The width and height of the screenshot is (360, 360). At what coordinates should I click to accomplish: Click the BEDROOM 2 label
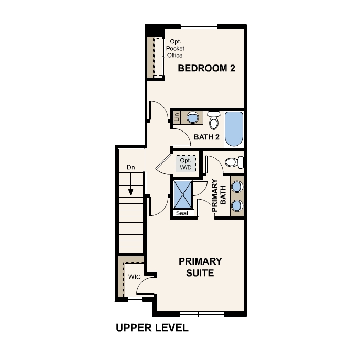206,68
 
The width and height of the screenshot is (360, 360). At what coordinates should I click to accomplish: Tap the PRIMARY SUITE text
200,267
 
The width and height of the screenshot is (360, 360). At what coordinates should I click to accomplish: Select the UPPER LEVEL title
151,329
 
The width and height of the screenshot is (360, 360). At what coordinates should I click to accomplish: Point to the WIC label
134,276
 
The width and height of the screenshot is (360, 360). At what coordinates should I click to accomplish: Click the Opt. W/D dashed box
186,163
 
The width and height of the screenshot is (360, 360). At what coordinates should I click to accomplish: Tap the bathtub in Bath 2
234,129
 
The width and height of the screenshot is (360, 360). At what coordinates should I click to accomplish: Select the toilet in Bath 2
214,121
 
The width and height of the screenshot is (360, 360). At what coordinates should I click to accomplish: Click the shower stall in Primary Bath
183,194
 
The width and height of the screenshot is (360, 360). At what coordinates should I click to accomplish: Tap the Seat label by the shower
182,213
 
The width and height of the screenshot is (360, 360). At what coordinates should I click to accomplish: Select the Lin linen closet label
177,117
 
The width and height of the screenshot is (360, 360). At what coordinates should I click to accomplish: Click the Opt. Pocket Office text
175,48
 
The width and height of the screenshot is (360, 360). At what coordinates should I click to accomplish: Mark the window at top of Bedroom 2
199,26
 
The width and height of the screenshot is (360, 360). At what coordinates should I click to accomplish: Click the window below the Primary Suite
202,314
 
